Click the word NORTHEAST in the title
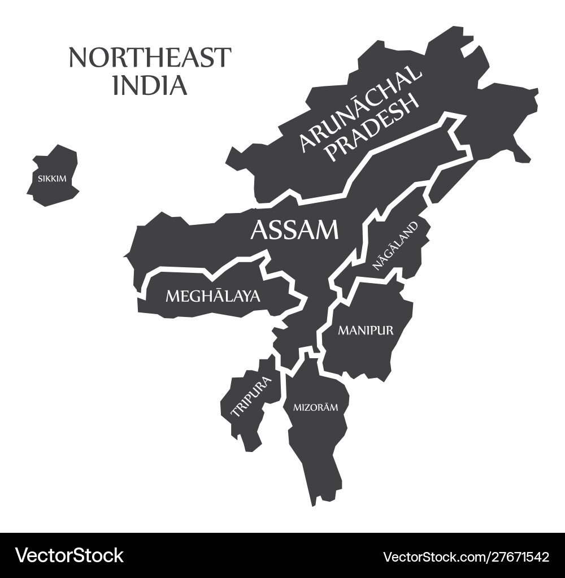pyautogui.click(x=150, y=58)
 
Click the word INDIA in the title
pyautogui.click(x=150, y=85)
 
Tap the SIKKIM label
pyautogui.click(x=52, y=179)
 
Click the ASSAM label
pyautogui.click(x=294, y=230)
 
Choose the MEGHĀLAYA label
pyautogui.click(x=212, y=295)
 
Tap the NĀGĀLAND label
pyautogui.click(x=395, y=245)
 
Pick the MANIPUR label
pyautogui.click(x=366, y=330)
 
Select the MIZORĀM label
pyautogui.click(x=315, y=407)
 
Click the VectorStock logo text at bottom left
pyautogui.click(x=69, y=555)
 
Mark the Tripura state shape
pyautogui.click(x=243, y=418)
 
